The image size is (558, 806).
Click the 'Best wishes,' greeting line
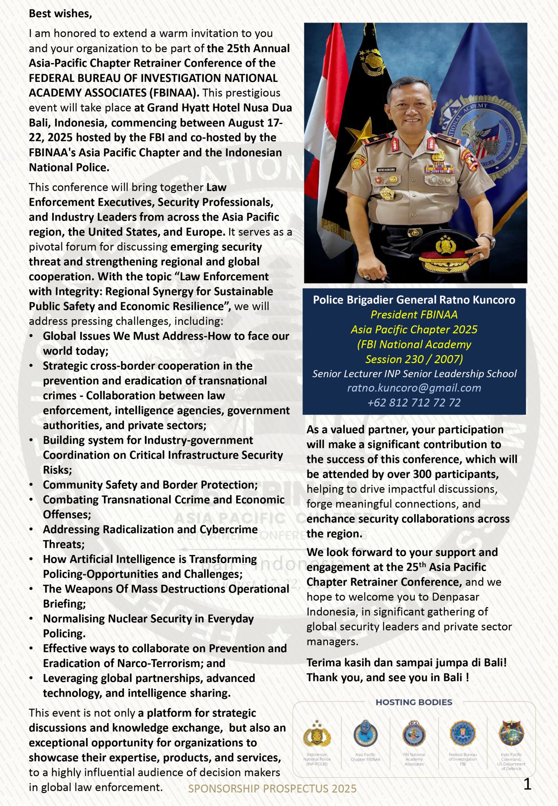tap(60, 14)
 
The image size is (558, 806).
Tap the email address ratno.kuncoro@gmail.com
tap(414, 388)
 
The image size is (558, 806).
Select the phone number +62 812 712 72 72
tap(414, 403)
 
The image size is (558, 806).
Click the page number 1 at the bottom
tap(527, 784)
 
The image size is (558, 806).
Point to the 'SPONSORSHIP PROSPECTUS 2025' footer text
tap(272, 788)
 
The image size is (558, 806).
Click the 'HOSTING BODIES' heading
tap(414, 702)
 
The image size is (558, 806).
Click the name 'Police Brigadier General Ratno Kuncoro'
tap(414, 300)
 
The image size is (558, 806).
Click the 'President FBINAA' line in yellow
tap(414, 314)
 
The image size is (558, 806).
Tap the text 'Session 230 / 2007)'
tap(414, 359)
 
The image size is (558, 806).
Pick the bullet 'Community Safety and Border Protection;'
tap(150, 485)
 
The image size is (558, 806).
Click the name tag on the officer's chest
tap(386, 169)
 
